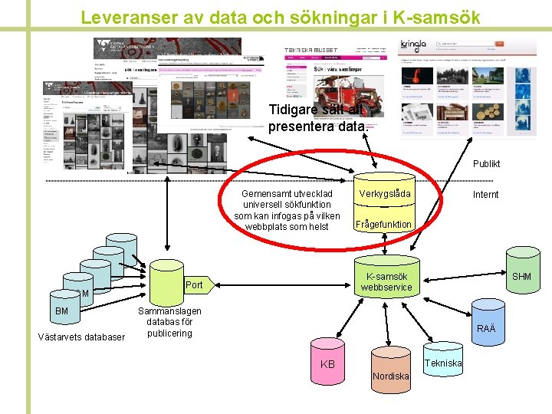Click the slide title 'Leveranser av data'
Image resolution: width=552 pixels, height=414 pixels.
281,16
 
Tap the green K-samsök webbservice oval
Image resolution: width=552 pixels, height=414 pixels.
387,282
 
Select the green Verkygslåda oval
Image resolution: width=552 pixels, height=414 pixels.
384,194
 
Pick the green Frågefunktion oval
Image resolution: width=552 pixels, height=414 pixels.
383,224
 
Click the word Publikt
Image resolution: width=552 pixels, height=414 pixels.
486,163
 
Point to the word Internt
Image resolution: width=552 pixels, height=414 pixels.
485,195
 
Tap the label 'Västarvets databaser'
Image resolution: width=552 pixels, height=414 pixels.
81,337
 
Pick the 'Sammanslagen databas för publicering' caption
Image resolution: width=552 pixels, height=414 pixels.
169,322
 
